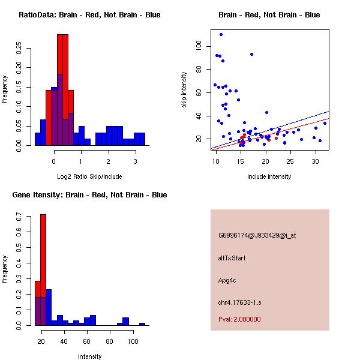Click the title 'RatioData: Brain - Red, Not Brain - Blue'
[89, 15]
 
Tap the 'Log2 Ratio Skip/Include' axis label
[89, 176]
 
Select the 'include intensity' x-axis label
[269, 176]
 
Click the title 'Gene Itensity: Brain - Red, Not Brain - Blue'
[89, 195]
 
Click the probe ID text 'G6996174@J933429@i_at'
[257, 235]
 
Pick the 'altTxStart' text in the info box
[232, 258]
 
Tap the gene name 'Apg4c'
[228, 280]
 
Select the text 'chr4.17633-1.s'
[240, 302]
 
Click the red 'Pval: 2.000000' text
[239, 319]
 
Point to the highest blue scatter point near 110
[221, 34]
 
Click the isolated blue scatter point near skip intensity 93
[251, 54]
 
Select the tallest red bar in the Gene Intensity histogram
[43, 270]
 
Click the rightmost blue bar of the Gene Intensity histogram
[142, 324]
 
